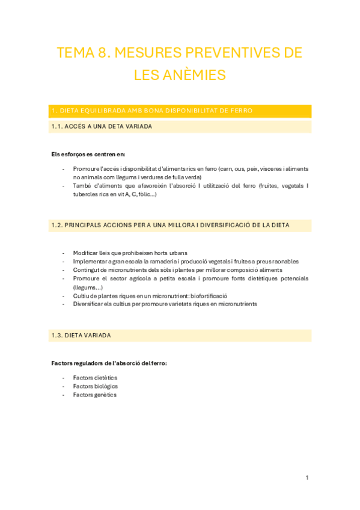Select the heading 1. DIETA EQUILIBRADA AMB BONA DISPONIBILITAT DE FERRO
[x=152, y=111]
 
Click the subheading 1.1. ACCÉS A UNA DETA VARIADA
[x=102, y=126]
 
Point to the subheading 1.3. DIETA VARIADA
[x=81, y=335]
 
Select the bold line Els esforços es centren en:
[x=88, y=155]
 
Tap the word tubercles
[x=86, y=194]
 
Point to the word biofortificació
[x=208, y=295]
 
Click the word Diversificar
[x=89, y=304]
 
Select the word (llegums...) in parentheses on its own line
[x=88, y=287]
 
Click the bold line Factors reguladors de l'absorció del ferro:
[x=109, y=363]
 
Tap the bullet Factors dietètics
[x=95, y=378]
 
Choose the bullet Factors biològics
[x=95, y=386]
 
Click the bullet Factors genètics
[x=94, y=395]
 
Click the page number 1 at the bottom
[x=307, y=478]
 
